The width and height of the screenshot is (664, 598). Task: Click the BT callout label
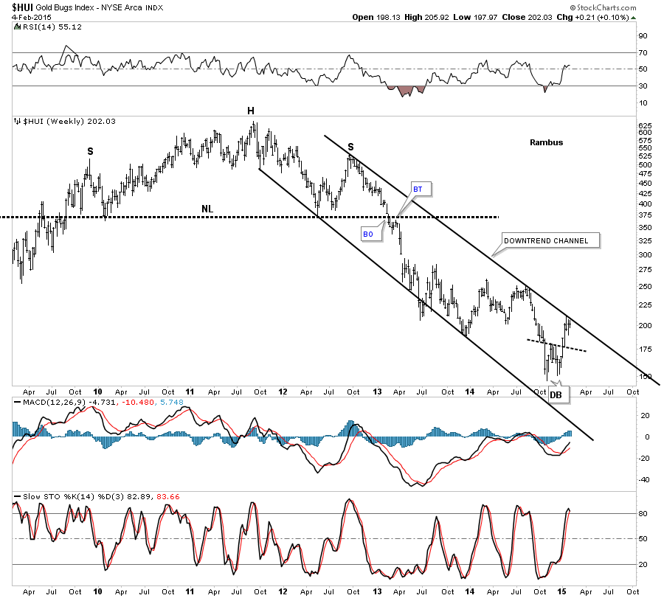(x=417, y=190)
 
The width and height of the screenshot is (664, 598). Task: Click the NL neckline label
(x=207, y=209)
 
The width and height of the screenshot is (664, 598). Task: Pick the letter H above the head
(x=251, y=111)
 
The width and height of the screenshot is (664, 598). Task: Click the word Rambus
(x=546, y=142)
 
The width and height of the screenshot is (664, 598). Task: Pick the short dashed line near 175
(x=557, y=344)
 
